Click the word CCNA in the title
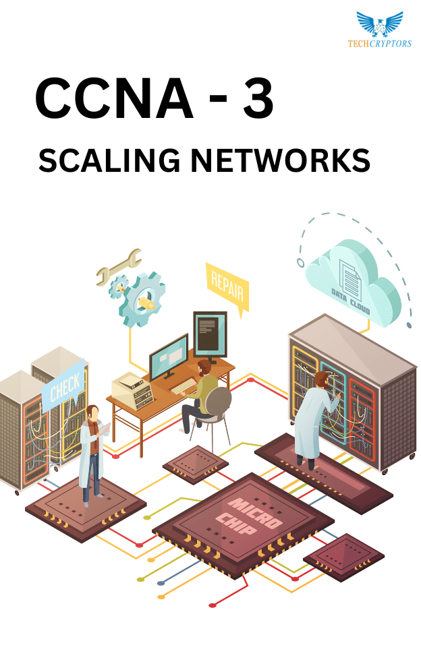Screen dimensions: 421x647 [114, 98]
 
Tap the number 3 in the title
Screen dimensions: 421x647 [258, 98]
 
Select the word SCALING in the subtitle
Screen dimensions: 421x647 [109, 160]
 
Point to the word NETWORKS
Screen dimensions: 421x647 [280, 160]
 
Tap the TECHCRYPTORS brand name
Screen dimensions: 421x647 [380, 43]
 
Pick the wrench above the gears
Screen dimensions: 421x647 [119, 267]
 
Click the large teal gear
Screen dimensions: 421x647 [142, 299]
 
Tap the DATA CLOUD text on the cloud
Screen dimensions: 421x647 [350, 301]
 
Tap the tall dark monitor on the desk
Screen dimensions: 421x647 [210, 335]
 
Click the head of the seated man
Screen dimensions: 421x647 [204, 367]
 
